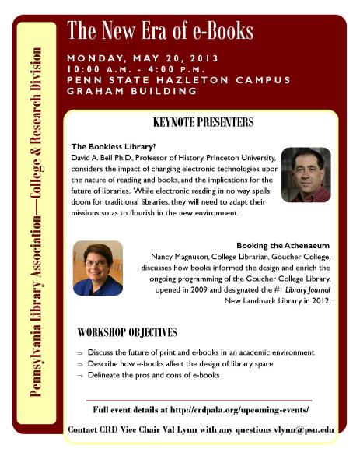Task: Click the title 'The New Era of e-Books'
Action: tap(160, 32)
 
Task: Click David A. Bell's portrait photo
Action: tap(306, 174)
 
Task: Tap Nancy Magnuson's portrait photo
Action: tap(98, 268)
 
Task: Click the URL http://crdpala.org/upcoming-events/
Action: tap(242, 409)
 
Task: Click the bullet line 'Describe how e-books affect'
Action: tap(180, 364)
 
